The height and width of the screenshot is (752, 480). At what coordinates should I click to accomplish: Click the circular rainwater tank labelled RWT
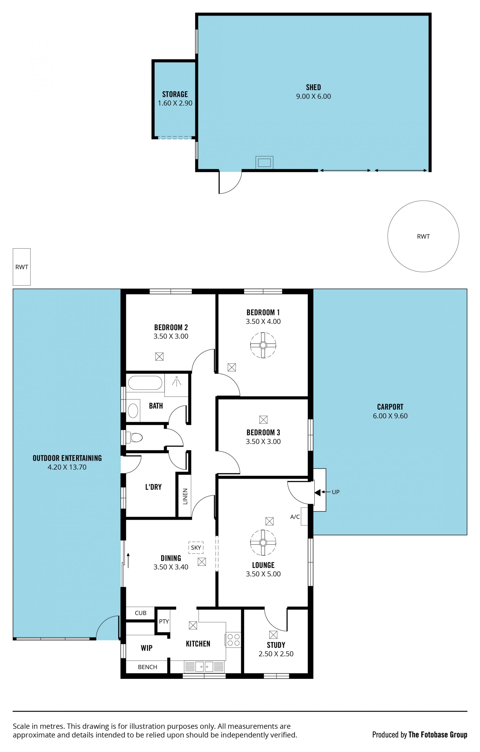(x=423, y=236)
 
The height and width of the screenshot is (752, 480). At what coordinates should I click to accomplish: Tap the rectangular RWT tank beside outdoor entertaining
(x=21, y=267)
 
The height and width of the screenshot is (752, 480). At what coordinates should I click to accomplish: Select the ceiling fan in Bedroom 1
(x=263, y=345)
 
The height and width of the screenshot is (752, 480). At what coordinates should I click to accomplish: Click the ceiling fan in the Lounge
(x=263, y=543)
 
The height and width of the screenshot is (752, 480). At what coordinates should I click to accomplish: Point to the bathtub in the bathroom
(x=145, y=383)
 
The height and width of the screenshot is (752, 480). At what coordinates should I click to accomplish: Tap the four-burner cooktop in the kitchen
(x=233, y=640)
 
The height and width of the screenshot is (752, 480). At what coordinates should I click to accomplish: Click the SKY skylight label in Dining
(x=196, y=548)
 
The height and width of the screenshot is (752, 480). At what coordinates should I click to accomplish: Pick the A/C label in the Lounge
(x=295, y=517)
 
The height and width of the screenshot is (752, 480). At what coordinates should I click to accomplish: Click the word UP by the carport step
(x=336, y=492)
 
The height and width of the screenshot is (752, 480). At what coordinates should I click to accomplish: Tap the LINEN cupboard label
(x=185, y=496)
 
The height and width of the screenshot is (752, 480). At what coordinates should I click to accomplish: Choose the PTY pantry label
(x=164, y=622)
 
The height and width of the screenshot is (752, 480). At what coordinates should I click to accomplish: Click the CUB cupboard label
(x=140, y=613)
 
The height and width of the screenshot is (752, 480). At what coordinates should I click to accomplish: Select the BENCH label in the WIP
(x=147, y=667)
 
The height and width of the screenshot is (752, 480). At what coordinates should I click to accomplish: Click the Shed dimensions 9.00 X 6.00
(x=313, y=96)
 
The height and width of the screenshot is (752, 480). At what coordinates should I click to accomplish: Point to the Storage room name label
(x=175, y=94)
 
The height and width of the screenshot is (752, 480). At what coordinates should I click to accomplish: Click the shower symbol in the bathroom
(x=176, y=381)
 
